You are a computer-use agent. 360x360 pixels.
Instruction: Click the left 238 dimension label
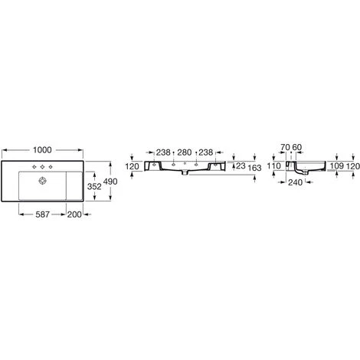tap(164, 152)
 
